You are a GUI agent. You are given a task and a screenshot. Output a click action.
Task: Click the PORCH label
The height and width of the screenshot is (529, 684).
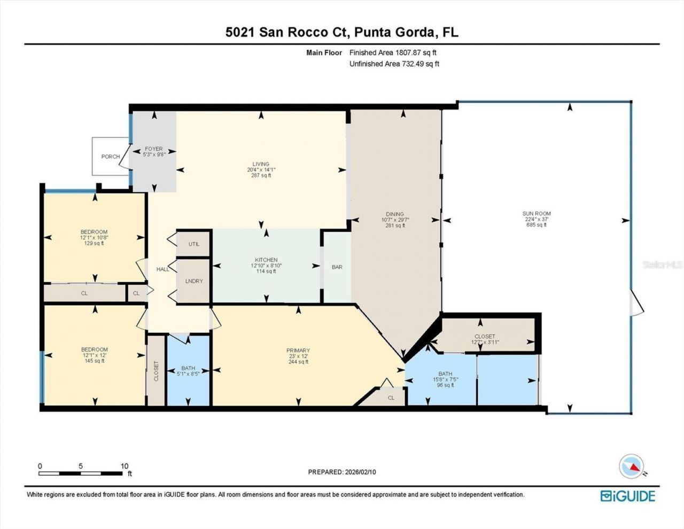(111, 157)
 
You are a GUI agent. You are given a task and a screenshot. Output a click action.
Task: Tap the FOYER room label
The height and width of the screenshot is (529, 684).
(153, 152)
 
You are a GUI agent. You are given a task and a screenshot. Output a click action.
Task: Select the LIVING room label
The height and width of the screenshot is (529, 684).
(261, 169)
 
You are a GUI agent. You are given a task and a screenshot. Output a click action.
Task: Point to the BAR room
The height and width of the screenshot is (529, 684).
(337, 267)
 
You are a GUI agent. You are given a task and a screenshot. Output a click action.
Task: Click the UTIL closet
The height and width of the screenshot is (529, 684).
(193, 244)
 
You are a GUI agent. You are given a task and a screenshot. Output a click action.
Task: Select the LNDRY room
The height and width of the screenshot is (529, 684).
(193, 281)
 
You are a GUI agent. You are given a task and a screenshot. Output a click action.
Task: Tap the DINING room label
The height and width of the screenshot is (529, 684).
(395, 219)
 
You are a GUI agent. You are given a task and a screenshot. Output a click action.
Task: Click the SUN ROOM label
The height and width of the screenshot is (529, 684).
(536, 219)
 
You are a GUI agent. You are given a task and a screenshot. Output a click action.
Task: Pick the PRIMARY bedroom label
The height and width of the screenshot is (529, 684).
(298, 356)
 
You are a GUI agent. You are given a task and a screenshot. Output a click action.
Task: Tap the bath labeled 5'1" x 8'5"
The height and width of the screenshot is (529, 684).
(188, 371)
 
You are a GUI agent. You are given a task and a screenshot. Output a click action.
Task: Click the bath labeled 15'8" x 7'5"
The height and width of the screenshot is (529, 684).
(445, 379)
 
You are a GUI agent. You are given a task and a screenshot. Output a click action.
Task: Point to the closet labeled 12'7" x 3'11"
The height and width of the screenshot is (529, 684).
(484, 339)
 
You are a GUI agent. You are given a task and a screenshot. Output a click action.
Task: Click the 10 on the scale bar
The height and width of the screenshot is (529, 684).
(125, 466)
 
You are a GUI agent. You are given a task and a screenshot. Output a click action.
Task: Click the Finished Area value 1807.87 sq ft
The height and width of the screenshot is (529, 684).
(415, 52)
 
